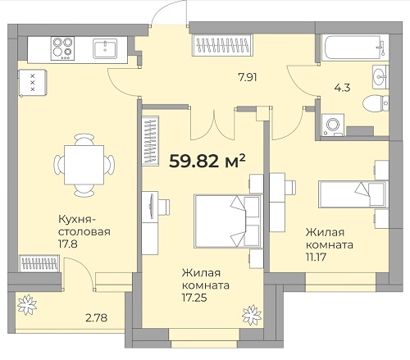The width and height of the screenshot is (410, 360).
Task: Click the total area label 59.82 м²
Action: coord(207,161)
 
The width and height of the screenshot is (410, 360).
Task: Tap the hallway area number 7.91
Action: coord(248,78)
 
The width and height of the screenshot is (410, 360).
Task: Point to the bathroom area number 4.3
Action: coord(342,88)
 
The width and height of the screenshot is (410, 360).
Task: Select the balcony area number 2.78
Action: coord(96,318)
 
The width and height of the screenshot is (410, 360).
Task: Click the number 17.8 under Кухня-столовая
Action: coord(68,244)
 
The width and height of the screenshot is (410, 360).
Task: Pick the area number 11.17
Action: coord(316,257)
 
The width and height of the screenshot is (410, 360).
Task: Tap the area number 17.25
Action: coord(194,298)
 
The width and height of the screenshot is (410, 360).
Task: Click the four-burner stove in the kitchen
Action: coord(62,48)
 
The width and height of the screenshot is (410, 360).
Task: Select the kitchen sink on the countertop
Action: coord(105,48)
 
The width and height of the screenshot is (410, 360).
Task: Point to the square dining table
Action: coord(84,165)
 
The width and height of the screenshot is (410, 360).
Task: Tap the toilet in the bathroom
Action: coord(376,103)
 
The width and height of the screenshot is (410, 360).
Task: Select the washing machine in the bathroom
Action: coord(333,125)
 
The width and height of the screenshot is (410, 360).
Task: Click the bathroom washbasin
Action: coord(380,77)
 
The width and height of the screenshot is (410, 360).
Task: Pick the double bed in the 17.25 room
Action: coord(228,221)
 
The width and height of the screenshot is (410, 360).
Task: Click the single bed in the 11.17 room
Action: coord(353,194)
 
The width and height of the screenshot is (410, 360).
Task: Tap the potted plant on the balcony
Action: coord(27,305)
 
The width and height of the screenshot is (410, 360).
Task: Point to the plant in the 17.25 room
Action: coord(252,315)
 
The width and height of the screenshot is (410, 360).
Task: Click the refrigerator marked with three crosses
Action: coord(33,82)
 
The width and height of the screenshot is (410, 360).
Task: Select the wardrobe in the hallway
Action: coord(222,45)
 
